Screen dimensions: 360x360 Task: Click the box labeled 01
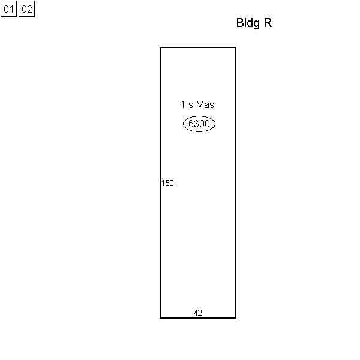point(9,9)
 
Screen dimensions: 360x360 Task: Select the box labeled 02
point(26,9)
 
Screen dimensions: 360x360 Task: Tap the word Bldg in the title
point(248,23)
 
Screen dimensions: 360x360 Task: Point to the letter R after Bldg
point(268,23)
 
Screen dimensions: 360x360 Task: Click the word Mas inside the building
point(205,104)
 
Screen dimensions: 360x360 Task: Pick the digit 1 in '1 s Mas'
point(183,104)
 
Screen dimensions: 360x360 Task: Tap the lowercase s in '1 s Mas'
point(191,106)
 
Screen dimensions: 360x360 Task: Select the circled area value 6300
point(199,124)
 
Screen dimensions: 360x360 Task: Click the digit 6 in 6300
point(191,124)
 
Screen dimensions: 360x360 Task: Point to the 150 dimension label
point(167,183)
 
